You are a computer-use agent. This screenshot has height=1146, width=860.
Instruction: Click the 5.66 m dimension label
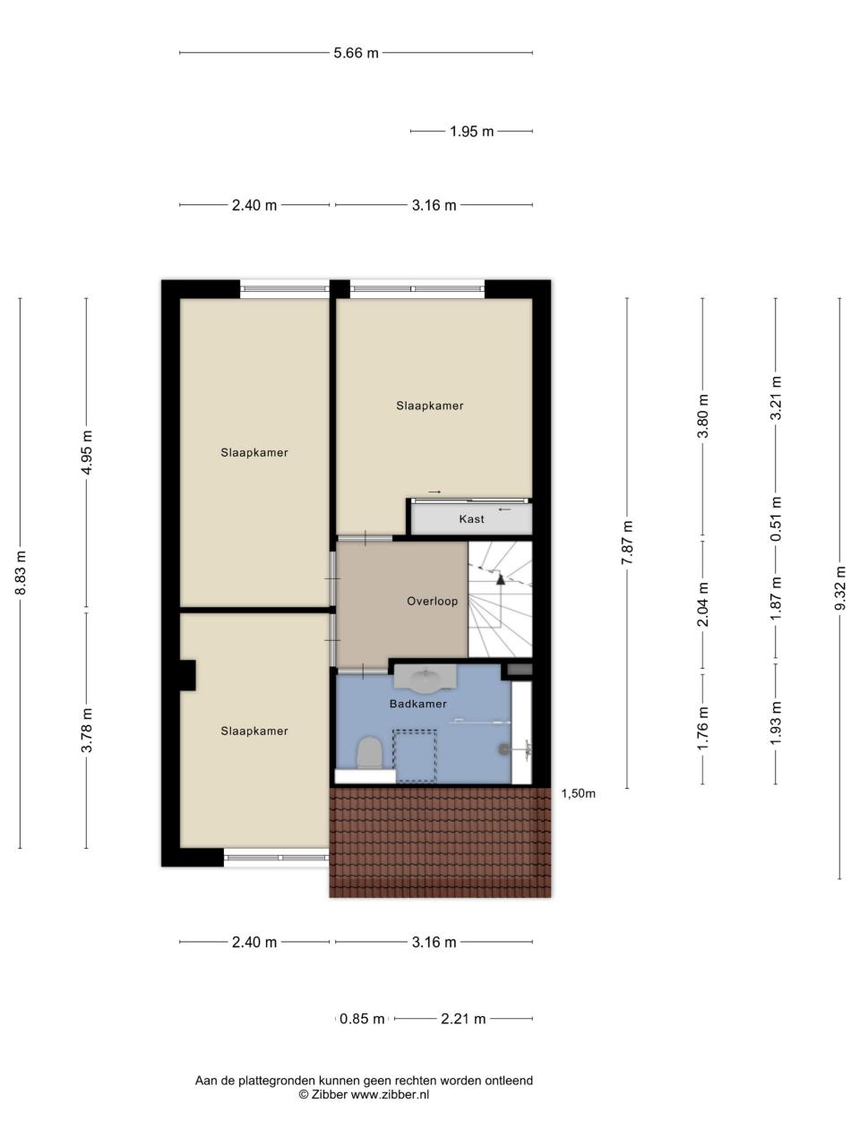point(356,53)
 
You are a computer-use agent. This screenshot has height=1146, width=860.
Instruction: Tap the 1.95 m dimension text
point(471,131)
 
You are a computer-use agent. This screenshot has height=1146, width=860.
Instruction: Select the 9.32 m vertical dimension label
point(840,587)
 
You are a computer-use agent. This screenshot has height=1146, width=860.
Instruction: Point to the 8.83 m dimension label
point(21,573)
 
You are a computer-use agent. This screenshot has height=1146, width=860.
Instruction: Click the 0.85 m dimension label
point(362,1019)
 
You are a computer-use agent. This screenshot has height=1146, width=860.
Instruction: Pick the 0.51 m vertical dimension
point(777,518)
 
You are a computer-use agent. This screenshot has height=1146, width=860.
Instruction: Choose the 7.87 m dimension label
point(627,542)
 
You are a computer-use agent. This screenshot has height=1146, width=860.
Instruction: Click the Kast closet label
point(471,519)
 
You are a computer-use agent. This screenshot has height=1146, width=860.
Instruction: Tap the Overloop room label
point(433,601)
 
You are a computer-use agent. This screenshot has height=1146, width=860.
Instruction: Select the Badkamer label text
point(418,704)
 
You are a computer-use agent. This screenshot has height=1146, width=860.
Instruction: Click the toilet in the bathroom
point(370,752)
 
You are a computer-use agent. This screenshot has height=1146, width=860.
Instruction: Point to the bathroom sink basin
point(425,680)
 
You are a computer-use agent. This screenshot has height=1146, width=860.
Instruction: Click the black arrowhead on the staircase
point(501,578)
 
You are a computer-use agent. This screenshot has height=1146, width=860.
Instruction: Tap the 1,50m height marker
point(578,793)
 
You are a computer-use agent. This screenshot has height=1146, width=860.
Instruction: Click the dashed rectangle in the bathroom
point(415,756)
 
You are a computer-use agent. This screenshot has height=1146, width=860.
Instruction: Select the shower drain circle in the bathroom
point(503,749)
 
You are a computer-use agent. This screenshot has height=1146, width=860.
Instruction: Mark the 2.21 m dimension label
point(463,1019)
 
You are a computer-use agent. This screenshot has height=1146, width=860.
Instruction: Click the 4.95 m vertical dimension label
point(87,452)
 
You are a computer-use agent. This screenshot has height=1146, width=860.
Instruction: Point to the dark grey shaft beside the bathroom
point(520,670)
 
